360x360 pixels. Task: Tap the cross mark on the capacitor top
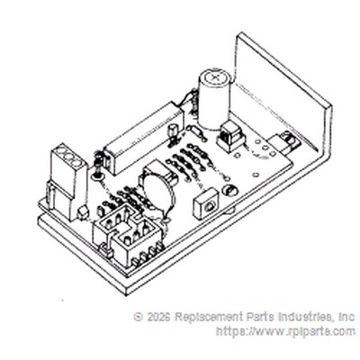(x=216, y=76)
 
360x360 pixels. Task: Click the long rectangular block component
(x=143, y=139)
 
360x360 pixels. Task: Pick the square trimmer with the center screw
(x=207, y=203)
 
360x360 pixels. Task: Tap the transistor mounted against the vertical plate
(x=287, y=143)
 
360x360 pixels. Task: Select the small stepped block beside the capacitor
(x=231, y=138)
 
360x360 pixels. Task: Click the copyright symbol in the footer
(x=139, y=317)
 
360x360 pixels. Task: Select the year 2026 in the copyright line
(x=157, y=317)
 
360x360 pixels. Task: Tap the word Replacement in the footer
(x=209, y=318)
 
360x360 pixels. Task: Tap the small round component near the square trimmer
(x=229, y=190)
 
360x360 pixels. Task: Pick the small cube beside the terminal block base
(x=83, y=213)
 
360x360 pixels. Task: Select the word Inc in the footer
(x=346, y=317)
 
